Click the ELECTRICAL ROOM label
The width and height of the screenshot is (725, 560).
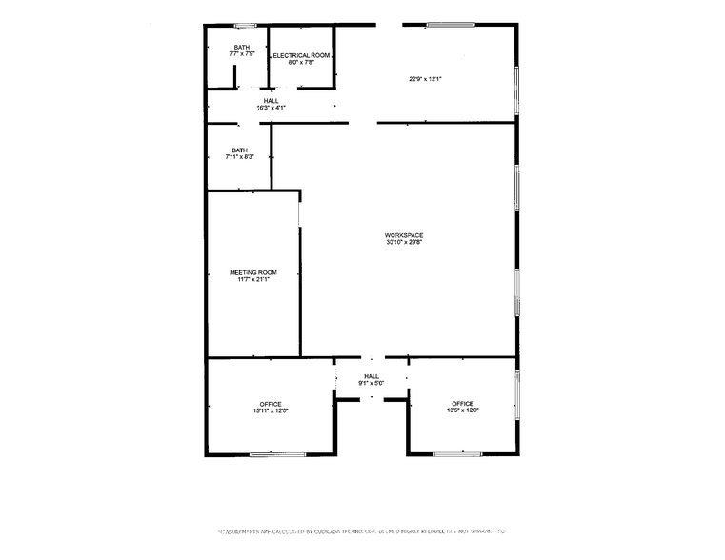point(302,55)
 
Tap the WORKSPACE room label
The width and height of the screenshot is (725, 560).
point(404,235)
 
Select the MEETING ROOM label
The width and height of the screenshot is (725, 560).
point(252,272)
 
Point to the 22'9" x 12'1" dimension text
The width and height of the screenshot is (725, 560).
point(427,79)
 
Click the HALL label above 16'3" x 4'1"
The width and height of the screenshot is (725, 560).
point(271,100)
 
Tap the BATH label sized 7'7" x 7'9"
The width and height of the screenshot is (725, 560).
point(242,48)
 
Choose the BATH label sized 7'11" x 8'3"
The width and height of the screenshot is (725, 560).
point(239,150)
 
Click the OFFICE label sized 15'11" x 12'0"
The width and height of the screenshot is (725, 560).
point(271,404)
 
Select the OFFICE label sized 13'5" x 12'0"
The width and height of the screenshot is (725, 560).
point(463,404)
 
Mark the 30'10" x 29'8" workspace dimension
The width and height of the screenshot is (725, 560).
point(404,243)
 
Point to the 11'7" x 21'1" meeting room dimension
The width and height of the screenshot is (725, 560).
point(252,280)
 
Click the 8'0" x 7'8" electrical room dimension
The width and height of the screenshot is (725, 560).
point(302,63)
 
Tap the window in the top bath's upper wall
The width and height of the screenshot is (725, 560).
point(245,25)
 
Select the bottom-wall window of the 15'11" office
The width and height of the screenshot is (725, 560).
point(274,454)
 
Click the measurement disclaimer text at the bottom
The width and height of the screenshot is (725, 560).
point(362,531)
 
